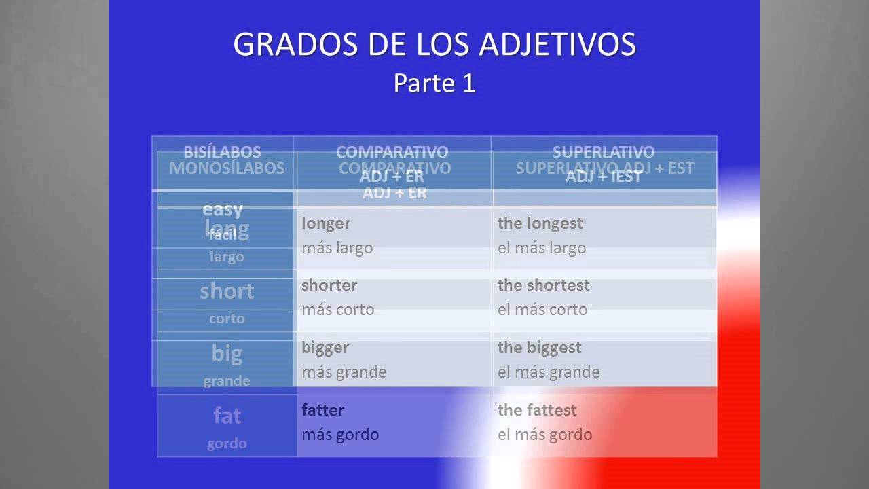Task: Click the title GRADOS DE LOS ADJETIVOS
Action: (434, 45)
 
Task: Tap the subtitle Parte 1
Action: (434, 84)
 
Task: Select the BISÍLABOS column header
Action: (222, 151)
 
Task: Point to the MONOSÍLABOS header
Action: (227, 168)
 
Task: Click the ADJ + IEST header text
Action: (604, 177)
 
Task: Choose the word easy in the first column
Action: (223, 209)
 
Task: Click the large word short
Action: (227, 291)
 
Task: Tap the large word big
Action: (227, 353)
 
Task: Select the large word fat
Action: (227, 416)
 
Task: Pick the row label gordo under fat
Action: (227, 443)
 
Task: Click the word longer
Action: (326, 223)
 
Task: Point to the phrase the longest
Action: (540, 223)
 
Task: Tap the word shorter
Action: (329, 285)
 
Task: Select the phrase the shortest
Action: (543, 285)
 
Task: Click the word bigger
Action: (325, 348)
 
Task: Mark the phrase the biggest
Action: (539, 348)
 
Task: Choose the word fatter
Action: (322, 410)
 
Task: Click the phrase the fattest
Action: (536, 410)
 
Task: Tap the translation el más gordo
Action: (544, 435)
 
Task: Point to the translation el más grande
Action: (548, 372)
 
